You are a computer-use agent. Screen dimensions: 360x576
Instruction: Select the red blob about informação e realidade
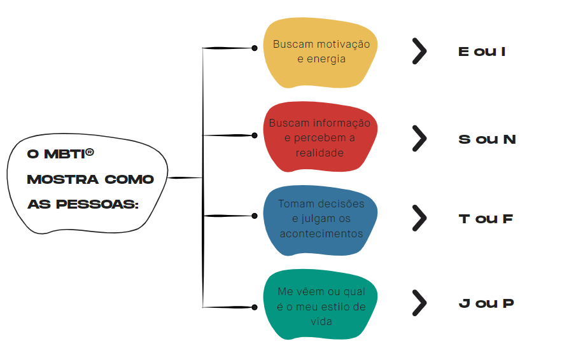pyautogui.click(x=321, y=137)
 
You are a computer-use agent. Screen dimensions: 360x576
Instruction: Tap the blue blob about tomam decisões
pyautogui.click(x=321, y=219)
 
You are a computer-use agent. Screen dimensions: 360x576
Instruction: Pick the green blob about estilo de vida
pyautogui.click(x=321, y=305)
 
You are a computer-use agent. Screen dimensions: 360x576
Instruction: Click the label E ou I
pyautogui.click(x=482, y=52)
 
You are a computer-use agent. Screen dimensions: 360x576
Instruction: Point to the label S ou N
pyautogui.click(x=487, y=139)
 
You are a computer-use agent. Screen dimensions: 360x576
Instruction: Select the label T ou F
pyautogui.click(x=486, y=219)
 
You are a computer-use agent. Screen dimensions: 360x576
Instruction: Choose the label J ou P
pyautogui.click(x=486, y=303)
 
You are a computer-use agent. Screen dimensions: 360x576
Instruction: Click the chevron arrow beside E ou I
pyautogui.click(x=419, y=52)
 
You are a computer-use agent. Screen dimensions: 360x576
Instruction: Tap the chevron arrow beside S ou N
pyautogui.click(x=419, y=138)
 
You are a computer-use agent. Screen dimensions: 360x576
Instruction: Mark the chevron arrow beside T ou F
pyautogui.click(x=419, y=218)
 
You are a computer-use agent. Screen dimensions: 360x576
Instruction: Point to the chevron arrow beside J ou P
pyautogui.click(x=419, y=303)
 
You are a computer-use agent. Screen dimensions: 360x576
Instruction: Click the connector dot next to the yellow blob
pyautogui.click(x=255, y=48)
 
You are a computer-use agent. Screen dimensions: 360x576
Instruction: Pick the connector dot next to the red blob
pyautogui.click(x=255, y=135)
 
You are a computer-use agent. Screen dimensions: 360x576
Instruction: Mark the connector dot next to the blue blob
pyautogui.click(x=255, y=216)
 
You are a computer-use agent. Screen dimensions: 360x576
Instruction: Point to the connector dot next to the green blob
pyautogui.click(x=255, y=307)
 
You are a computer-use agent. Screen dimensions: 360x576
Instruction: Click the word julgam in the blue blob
pyautogui.click(x=316, y=219)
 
